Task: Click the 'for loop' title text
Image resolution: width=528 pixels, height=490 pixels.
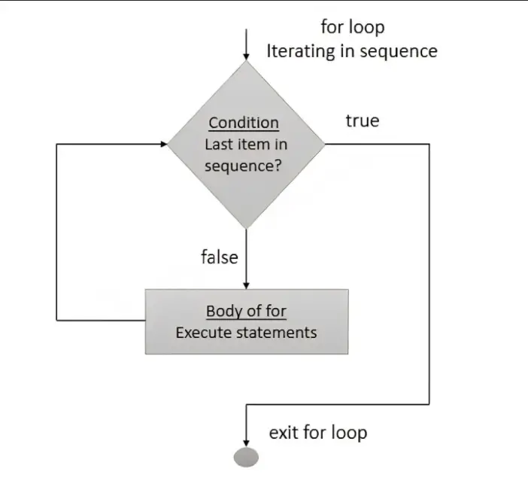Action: (x=353, y=27)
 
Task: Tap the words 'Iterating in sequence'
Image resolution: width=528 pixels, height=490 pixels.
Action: (x=351, y=51)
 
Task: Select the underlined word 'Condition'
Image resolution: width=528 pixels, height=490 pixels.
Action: (x=244, y=123)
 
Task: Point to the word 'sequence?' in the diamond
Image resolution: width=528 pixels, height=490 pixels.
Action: (x=243, y=166)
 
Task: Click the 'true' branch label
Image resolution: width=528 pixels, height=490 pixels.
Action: (x=363, y=121)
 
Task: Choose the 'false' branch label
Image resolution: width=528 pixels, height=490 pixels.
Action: (x=219, y=257)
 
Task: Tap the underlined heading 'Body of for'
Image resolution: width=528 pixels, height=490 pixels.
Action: (x=246, y=312)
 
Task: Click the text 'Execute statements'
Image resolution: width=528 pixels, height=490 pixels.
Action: (x=246, y=332)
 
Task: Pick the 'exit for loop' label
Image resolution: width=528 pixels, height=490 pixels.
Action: (x=318, y=433)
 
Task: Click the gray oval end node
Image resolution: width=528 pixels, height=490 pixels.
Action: (x=247, y=457)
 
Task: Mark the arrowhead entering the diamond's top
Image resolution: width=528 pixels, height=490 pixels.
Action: (x=246, y=56)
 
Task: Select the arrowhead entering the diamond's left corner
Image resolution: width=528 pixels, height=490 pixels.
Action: (x=163, y=143)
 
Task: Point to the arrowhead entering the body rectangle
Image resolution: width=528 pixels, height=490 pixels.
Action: (x=246, y=285)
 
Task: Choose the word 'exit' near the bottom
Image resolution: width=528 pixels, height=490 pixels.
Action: (x=284, y=433)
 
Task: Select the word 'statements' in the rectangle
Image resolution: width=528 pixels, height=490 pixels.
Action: (x=278, y=332)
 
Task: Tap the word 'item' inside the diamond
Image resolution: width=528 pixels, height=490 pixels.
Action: (x=253, y=145)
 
